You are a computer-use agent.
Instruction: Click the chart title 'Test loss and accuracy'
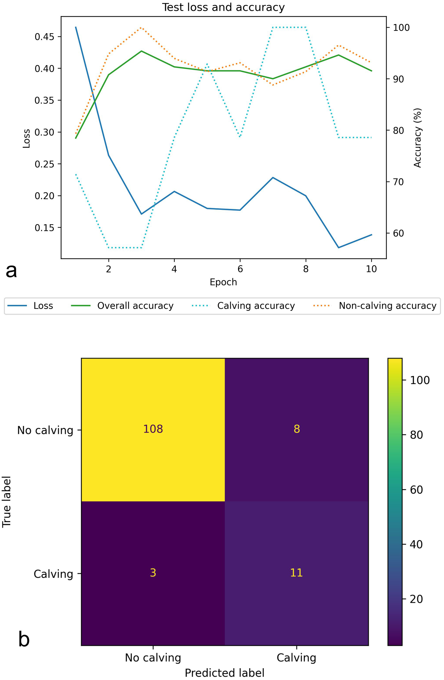223,7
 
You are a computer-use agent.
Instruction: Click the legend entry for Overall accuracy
135,306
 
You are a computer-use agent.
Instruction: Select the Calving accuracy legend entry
256,306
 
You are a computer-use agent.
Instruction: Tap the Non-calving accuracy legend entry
387,306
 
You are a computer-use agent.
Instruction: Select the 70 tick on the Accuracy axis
397,182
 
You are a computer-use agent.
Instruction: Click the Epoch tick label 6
240,269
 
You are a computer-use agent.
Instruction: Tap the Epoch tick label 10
371,269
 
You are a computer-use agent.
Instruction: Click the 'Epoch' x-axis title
223,282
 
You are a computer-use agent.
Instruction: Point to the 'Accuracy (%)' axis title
418,138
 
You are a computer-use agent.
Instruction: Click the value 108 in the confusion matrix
153,429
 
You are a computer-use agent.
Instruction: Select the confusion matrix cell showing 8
296,429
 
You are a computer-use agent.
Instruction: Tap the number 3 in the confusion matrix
153,573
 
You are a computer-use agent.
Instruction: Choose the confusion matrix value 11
296,573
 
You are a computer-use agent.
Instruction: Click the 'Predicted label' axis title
224,673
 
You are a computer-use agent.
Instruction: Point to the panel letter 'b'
24,640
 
